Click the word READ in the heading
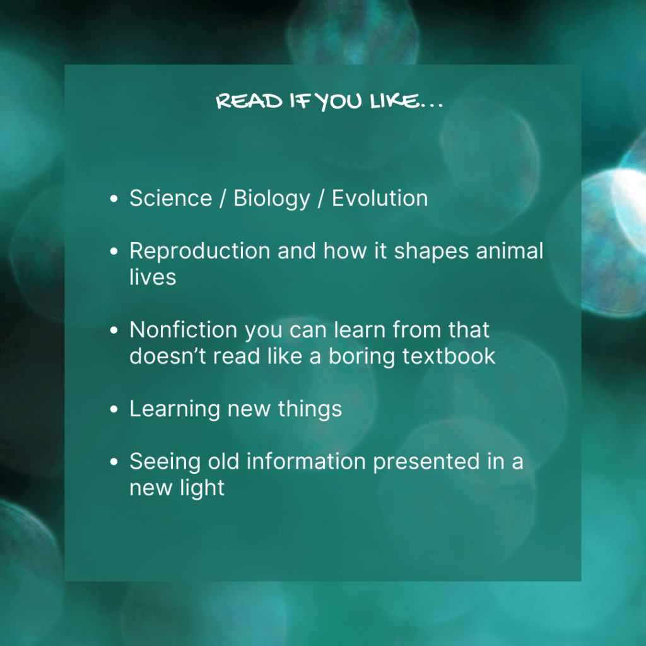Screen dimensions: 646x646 (x=249, y=101)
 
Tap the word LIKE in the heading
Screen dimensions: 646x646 (x=394, y=101)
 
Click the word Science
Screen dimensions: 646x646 (x=170, y=198)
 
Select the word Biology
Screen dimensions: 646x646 (x=271, y=199)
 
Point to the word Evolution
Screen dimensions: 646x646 (x=380, y=198)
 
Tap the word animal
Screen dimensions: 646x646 (x=510, y=251)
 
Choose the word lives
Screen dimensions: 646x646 (x=153, y=277)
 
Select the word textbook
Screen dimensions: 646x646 (x=449, y=356)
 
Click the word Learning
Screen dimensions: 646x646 (x=175, y=409)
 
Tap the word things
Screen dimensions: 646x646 (x=310, y=409)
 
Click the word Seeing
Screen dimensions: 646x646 (x=165, y=462)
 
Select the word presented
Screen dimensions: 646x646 (x=426, y=462)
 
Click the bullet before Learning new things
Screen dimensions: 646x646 (x=114, y=409)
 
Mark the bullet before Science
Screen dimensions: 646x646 (x=114, y=199)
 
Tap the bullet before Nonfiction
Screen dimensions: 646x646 (x=114, y=331)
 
